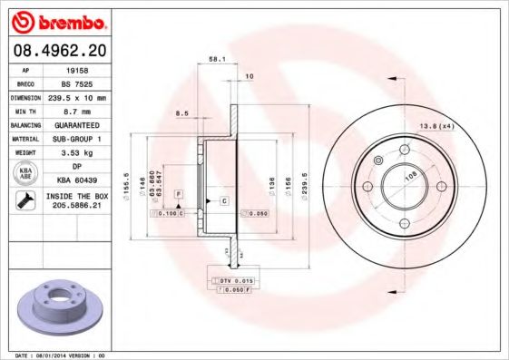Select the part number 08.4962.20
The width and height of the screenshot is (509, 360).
[58, 51]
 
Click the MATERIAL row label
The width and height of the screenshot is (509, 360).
[24, 138]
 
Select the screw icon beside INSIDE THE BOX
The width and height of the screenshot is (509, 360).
[24, 200]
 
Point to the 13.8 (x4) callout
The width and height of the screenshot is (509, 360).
[436, 126]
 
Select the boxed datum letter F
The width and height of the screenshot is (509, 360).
[179, 195]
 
